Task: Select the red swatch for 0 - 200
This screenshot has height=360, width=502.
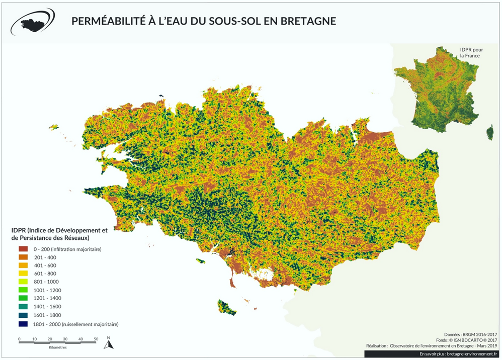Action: [24, 249]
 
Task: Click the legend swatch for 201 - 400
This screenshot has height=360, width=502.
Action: [24, 257]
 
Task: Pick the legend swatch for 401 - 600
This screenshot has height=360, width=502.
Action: [24, 265]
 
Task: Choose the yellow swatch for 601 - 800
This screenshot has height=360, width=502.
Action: [24, 274]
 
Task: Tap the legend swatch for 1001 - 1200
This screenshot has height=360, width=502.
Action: [24, 290]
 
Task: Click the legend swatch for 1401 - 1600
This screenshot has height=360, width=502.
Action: [24, 306]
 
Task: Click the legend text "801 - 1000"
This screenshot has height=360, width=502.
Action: [45, 282]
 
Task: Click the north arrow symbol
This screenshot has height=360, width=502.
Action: [108, 344]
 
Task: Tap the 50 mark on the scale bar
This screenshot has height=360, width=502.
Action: [96, 339]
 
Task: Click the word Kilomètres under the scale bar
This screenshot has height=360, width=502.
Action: [58, 347]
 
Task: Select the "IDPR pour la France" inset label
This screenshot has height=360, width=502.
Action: [470, 53]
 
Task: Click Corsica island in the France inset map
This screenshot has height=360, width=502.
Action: [489, 133]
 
